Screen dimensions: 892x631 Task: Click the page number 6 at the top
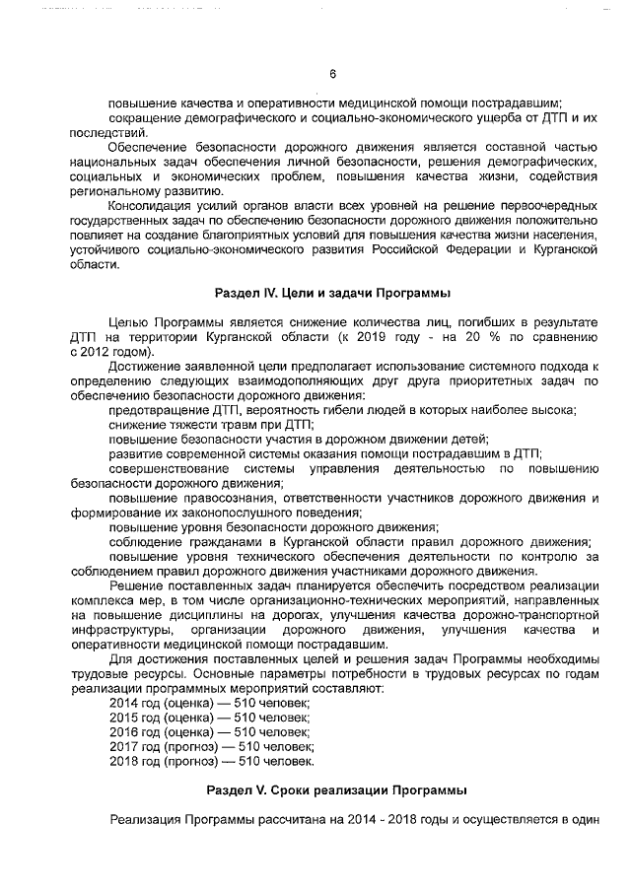332,73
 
